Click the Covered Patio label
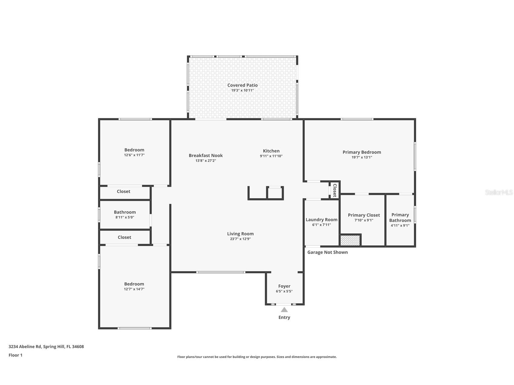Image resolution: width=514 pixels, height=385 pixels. (242, 85)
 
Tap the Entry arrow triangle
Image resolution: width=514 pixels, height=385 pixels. (284, 310)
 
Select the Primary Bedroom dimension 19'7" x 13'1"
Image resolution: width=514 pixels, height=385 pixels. (362, 157)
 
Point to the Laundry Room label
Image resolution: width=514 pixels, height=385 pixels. (321, 220)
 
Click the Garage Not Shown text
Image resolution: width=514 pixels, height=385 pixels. (327, 252)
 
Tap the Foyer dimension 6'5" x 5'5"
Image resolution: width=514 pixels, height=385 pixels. (284, 291)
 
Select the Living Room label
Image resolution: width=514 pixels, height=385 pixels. (240, 234)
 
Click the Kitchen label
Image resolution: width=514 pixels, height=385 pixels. (271, 151)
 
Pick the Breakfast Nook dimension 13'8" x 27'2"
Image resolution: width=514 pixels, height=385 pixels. (206, 161)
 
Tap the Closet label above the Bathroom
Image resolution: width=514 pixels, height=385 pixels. (124, 192)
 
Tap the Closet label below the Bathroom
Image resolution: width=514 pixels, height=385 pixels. (124, 238)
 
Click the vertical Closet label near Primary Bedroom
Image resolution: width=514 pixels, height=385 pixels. (335, 190)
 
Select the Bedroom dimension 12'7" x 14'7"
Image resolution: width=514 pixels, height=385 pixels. (134, 289)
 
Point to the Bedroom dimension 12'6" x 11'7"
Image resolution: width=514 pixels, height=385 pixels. (134, 155)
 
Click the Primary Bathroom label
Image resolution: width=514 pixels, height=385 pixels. (400, 218)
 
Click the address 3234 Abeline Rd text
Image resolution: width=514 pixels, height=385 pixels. (46, 347)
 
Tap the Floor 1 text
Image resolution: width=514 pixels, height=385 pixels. (15, 355)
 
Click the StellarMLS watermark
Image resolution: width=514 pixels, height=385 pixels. (499, 192)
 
